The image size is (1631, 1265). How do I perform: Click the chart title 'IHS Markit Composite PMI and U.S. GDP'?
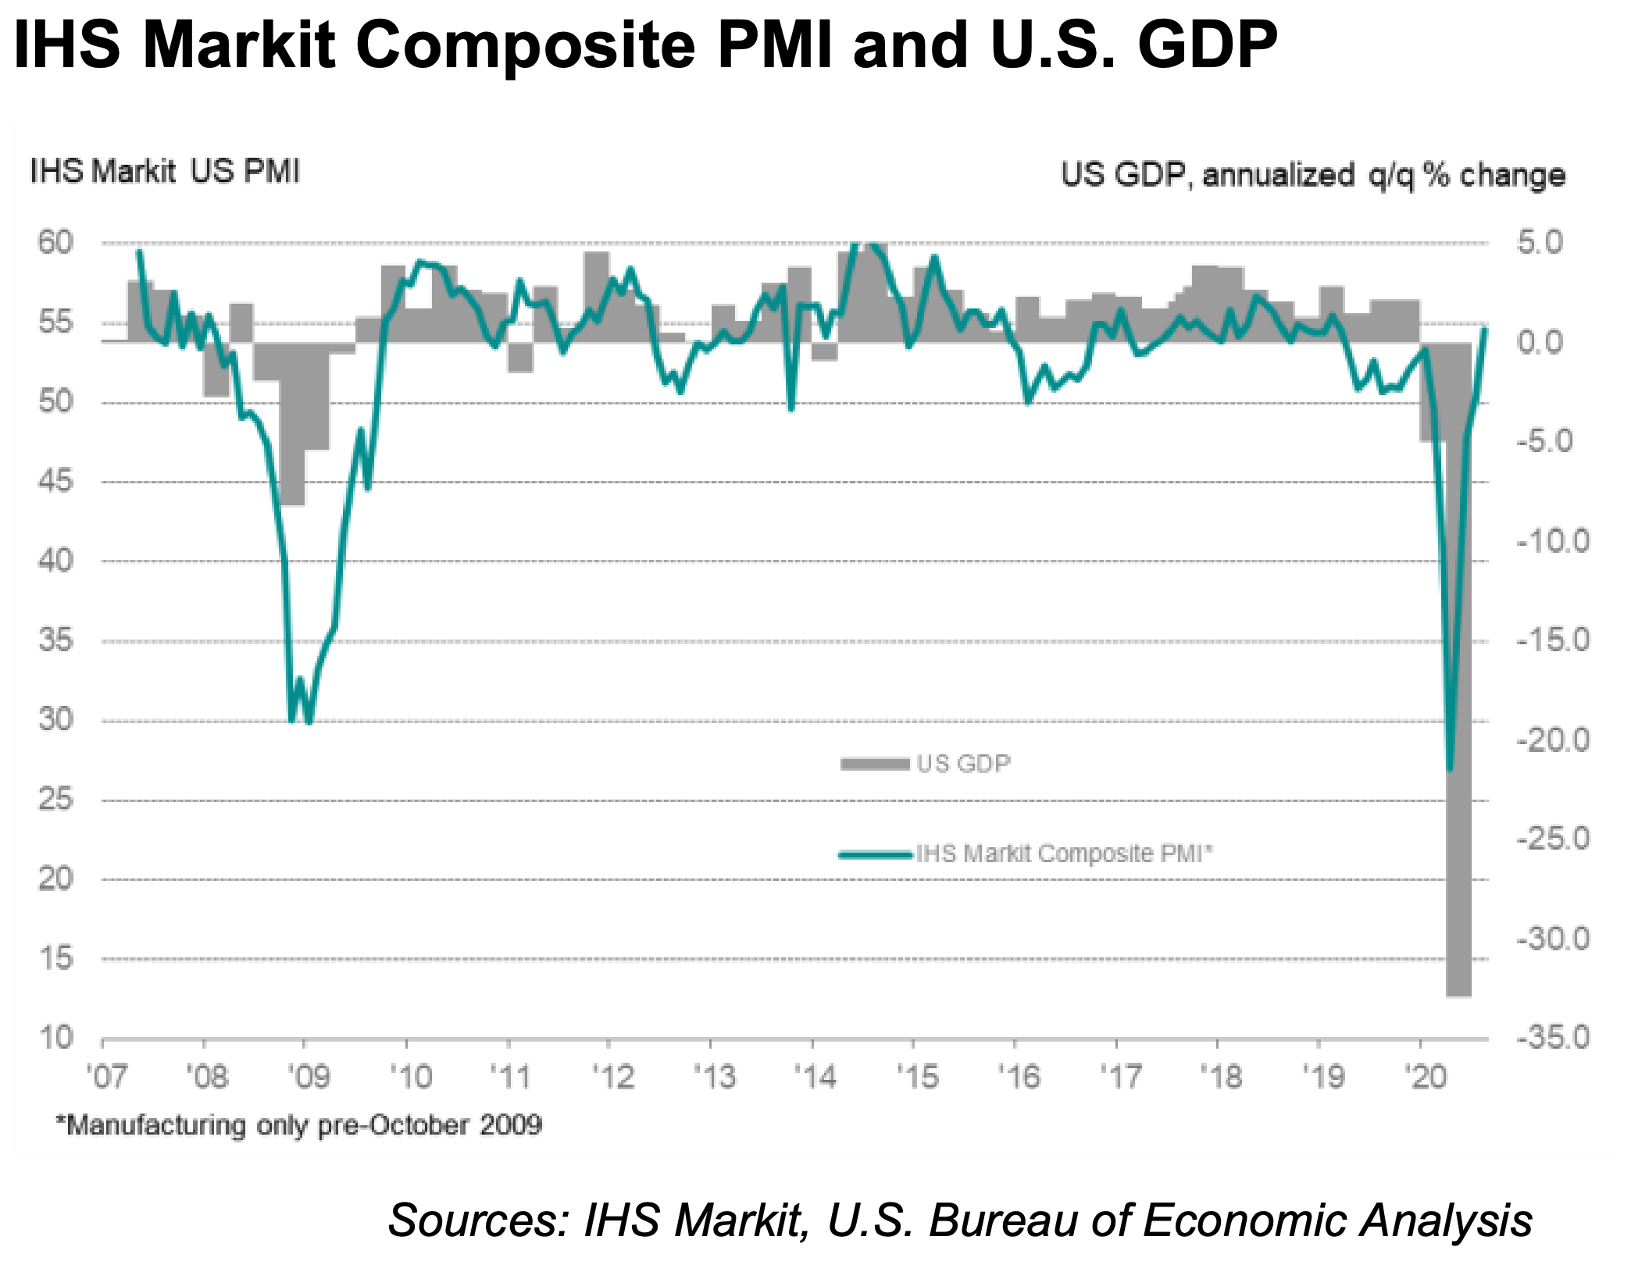point(645,45)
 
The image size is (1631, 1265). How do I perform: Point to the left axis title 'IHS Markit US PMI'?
point(165,172)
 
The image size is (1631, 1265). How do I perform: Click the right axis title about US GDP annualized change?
point(1312,175)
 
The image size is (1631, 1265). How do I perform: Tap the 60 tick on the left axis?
point(55,243)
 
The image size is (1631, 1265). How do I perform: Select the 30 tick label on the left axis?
point(55,719)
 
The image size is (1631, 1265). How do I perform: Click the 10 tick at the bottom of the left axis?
point(55,1038)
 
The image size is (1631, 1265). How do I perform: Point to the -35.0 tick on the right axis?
point(1553,1038)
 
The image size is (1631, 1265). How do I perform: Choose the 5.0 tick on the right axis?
point(1540,243)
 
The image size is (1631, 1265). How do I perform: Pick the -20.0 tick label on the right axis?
point(1553,739)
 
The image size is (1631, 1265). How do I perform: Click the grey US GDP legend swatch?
point(875,764)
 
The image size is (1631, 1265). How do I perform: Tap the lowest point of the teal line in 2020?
point(1450,770)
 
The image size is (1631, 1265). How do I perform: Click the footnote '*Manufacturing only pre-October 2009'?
point(298,1125)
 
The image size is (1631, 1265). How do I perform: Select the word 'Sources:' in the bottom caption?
point(478,1220)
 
